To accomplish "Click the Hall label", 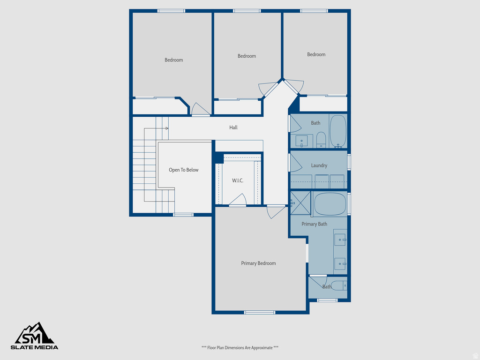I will click(x=233, y=127).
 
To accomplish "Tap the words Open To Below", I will click(x=184, y=170).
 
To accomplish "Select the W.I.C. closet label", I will click(x=238, y=181).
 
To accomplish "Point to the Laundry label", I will click(x=319, y=165).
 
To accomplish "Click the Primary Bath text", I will click(x=315, y=224).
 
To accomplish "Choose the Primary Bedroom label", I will click(x=258, y=263).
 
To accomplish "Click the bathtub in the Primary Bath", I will click(x=330, y=204).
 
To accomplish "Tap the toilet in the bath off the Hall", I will click(x=321, y=139).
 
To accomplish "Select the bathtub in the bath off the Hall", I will click(x=338, y=131).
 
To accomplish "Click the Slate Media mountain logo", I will click(x=35, y=334).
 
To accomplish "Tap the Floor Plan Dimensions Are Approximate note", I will click(x=240, y=348).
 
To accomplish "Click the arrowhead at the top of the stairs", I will click(x=166, y=128).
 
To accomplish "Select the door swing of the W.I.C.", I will click(x=238, y=201).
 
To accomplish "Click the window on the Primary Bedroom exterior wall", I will click(x=260, y=312).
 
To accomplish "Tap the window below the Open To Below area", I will click(x=183, y=215).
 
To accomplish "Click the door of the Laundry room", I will click(x=295, y=162).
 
